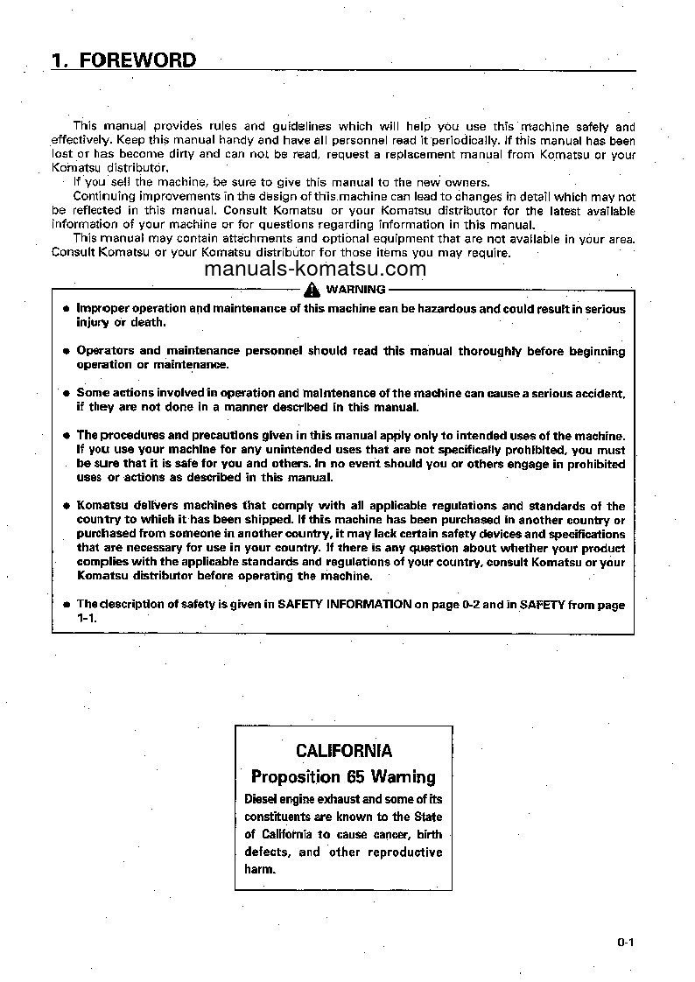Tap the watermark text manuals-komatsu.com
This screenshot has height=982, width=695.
click(x=315, y=270)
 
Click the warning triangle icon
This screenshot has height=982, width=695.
click(x=311, y=290)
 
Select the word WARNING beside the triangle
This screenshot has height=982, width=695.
click(x=355, y=290)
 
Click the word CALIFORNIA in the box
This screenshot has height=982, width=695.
click(x=344, y=750)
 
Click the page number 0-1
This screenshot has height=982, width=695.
click(x=624, y=943)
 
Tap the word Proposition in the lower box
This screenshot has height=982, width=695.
click(x=295, y=776)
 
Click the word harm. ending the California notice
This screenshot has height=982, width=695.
click(x=260, y=869)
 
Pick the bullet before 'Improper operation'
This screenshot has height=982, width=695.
click(x=66, y=309)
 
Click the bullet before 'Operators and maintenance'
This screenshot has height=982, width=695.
click(x=66, y=351)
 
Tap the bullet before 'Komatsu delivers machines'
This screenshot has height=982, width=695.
click(x=66, y=506)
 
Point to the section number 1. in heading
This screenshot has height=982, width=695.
click(x=60, y=60)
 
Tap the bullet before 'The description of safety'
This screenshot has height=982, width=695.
click(x=66, y=605)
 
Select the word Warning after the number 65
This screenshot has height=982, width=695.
click(x=403, y=776)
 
